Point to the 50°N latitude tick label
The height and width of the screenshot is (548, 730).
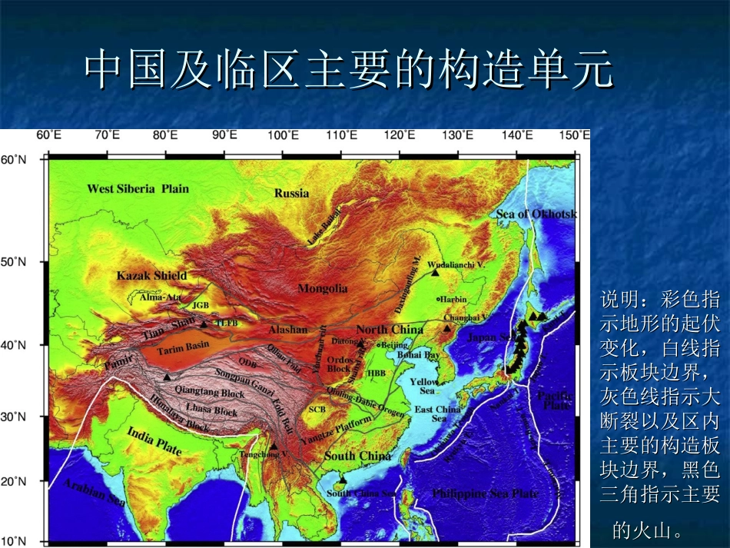(12, 262)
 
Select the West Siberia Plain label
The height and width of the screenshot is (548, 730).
(138, 188)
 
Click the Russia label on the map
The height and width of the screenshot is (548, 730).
(291, 193)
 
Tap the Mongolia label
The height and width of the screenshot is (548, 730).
(323, 289)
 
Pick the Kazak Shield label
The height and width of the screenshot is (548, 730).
(151, 275)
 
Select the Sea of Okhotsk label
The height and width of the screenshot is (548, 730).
(536, 214)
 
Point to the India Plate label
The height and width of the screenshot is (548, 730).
(154, 440)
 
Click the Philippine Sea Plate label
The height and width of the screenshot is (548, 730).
(485, 493)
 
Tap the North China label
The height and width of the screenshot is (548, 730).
(390, 329)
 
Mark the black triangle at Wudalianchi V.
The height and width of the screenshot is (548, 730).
(435, 272)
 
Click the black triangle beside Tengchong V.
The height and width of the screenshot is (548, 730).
(273, 446)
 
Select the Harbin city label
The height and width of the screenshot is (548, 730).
(453, 299)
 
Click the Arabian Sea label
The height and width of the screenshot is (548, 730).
(94, 492)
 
